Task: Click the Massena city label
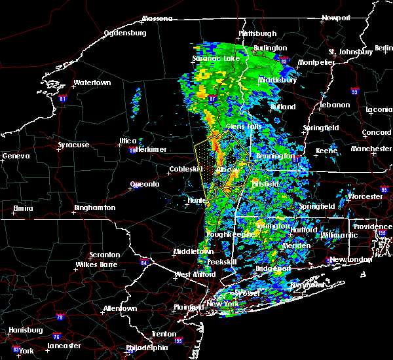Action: pos(158,18)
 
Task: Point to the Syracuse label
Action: pos(73,145)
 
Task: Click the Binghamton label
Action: pos(95,207)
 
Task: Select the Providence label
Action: pos(373,226)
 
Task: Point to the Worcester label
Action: pos(364,196)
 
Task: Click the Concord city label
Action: pos(377,132)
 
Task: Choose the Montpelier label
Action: pos(316,62)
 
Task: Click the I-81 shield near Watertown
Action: pos(63,99)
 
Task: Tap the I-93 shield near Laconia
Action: pos(354,91)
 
